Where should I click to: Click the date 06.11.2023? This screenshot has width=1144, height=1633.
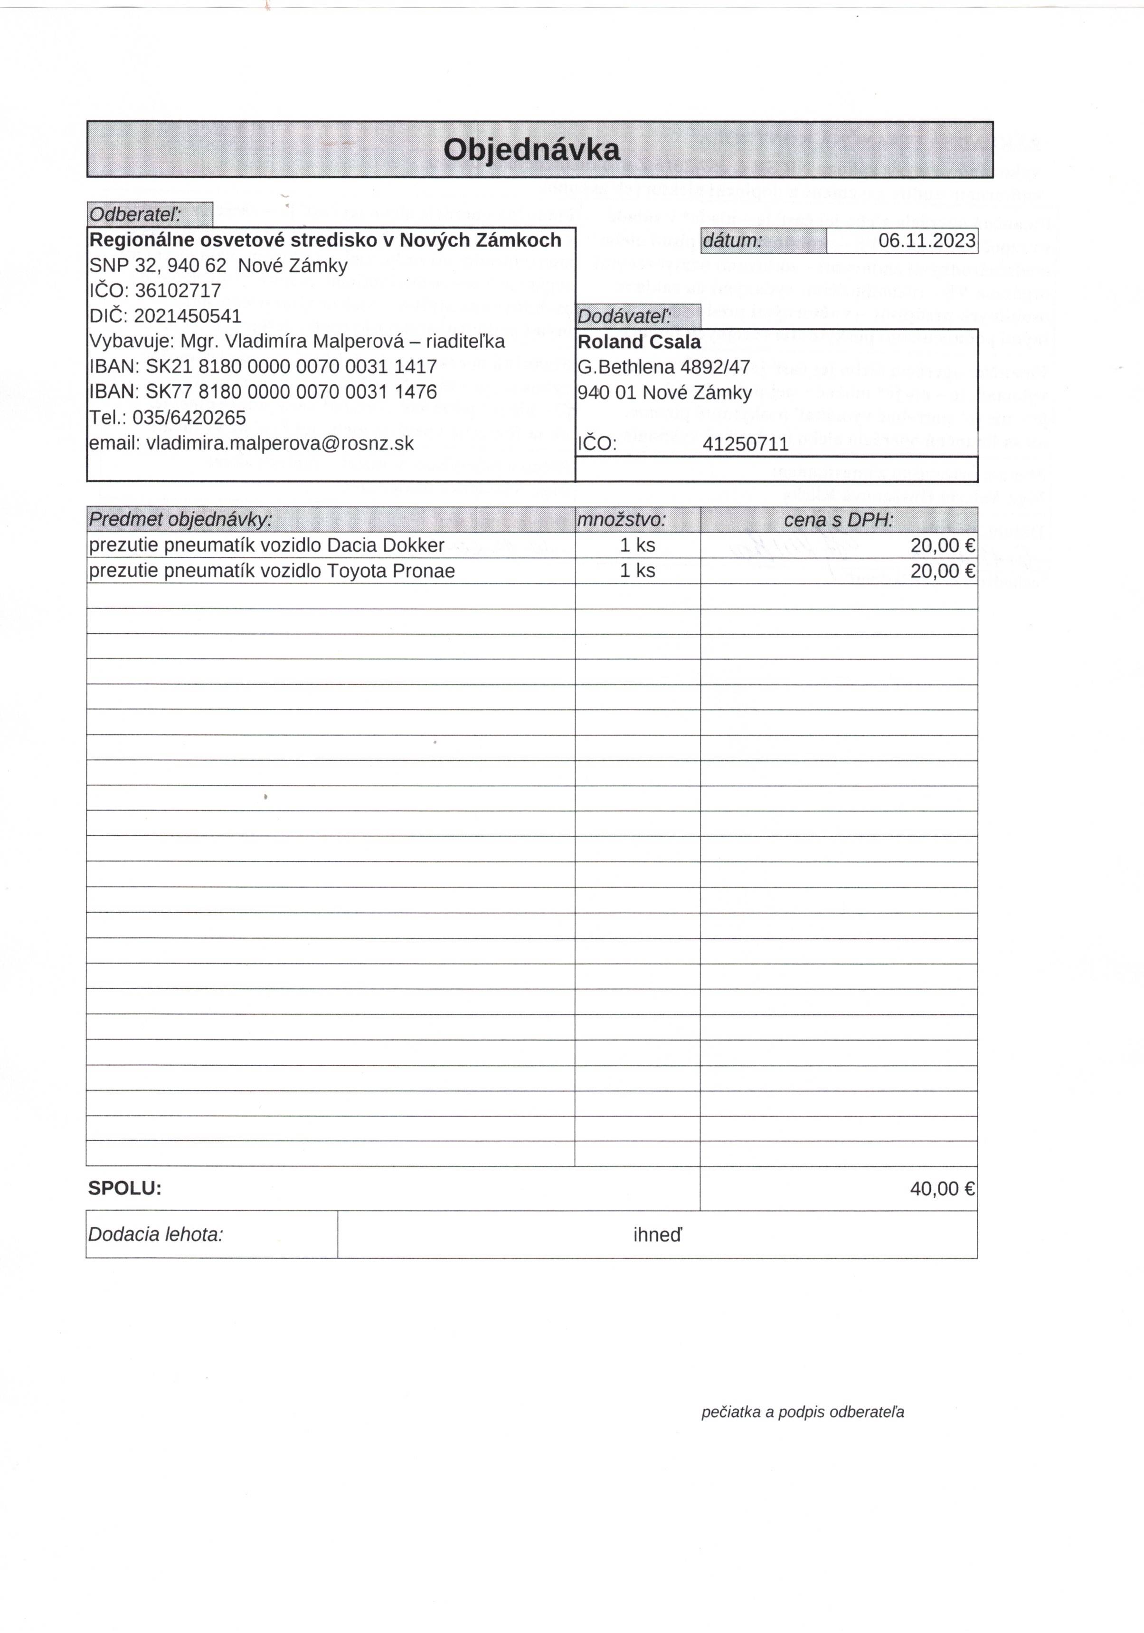point(927,240)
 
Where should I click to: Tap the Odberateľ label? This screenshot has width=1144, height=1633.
point(135,214)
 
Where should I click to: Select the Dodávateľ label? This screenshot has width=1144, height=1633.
point(624,316)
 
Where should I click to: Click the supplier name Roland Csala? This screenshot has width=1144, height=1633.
point(638,342)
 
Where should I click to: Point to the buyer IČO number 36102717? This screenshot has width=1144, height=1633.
point(178,290)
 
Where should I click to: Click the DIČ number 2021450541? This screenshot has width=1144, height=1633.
point(188,316)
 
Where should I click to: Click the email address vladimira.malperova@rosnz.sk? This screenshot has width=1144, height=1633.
point(279,443)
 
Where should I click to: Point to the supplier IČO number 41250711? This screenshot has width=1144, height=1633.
point(745,445)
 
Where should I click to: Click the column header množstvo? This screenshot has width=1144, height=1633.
point(622,520)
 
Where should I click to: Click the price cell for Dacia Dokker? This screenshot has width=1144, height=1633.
point(942,545)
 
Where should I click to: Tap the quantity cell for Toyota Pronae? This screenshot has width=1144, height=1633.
point(637,571)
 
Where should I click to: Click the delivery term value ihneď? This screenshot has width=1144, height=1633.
point(657,1235)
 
